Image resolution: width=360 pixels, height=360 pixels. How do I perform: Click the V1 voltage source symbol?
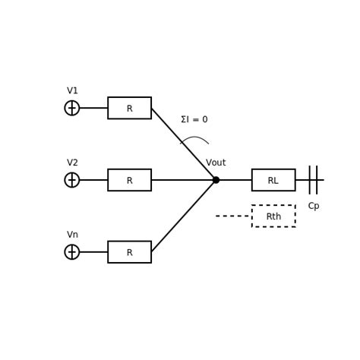(x=72, y=108)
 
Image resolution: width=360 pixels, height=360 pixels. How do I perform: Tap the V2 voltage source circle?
(x=72, y=180)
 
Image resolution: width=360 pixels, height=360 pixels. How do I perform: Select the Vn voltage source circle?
(x=72, y=252)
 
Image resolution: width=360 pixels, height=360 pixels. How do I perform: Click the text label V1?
(x=72, y=91)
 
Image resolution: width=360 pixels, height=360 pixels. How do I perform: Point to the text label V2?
(x=72, y=163)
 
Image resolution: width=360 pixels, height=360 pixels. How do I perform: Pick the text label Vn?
(x=72, y=235)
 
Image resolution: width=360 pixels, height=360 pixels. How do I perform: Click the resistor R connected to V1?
(x=129, y=108)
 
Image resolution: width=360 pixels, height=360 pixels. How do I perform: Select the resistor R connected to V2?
(x=129, y=180)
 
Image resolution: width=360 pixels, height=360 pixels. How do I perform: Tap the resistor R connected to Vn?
(x=129, y=252)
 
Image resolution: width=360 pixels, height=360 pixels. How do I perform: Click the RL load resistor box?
(x=273, y=180)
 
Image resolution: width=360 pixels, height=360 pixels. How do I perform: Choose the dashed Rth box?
(x=273, y=216)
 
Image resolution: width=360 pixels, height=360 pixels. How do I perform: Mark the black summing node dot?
(x=216, y=180)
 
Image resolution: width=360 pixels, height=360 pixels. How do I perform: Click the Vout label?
(x=216, y=163)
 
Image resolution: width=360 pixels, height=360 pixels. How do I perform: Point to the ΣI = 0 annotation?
(x=194, y=120)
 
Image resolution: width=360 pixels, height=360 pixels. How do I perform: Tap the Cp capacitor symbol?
(x=313, y=180)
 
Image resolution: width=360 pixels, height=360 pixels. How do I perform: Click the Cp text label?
(x=313, y=207)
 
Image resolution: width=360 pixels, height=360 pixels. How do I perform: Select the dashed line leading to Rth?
(x=233, y=216)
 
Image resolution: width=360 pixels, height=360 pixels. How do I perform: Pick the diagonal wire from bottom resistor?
(x=183, y=216)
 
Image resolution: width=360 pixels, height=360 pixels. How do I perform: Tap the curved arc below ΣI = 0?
(x=195, y=138)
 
